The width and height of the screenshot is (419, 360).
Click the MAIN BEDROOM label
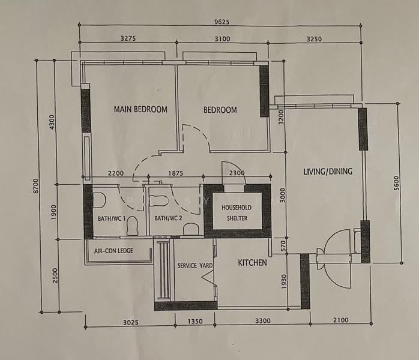click(140, 109)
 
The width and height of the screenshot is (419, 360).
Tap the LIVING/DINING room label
click(328, 172)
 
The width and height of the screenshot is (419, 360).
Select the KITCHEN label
click(253, 263)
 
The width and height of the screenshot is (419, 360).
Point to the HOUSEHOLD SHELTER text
click(237, 213)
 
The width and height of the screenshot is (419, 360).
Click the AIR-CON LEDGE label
click(113, 251)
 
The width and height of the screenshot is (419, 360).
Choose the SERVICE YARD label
click(195, 266)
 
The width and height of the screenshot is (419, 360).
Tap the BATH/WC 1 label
click(112, 218)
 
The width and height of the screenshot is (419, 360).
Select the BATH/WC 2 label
click(168, 218)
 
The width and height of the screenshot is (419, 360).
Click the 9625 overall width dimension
click(222, 22)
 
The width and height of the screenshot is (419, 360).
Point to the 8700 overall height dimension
click(36, 186)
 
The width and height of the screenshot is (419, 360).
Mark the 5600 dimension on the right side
click(396, 184)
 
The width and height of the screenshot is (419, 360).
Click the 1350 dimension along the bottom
click(195, 321)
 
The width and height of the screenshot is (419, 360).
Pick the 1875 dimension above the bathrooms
click(175, 173)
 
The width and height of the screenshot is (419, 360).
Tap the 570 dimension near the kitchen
click(283, 246)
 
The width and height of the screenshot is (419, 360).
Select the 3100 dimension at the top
click(222, 39)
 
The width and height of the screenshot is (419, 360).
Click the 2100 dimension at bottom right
click(341, 320)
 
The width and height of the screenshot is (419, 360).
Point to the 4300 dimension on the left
click(52, 122)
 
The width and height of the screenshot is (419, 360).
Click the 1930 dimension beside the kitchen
click(284, 281)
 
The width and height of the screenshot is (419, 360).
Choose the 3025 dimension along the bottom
click(131, 323)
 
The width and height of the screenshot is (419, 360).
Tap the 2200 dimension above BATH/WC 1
click(116, 173)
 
